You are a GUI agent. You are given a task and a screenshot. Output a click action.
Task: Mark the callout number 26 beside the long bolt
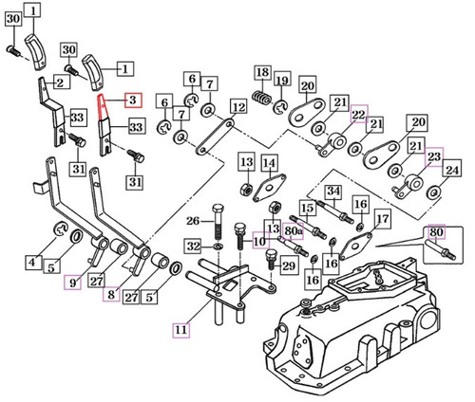click(x=193, y=222)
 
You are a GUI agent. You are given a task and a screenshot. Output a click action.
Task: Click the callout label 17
click(x=381, y=219)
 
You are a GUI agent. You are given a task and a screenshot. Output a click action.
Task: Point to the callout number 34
click(x=332, y=192)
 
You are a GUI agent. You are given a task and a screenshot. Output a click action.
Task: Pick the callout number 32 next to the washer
click(x=192, y=247)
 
